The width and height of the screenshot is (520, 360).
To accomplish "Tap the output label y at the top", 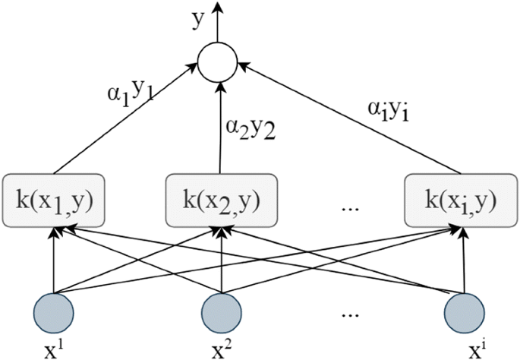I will coord(199,21).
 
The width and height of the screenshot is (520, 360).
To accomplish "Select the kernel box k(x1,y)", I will coord(52,200).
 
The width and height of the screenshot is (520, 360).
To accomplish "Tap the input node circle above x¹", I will coord(53,314).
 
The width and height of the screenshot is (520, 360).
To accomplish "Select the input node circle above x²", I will coord(221,314).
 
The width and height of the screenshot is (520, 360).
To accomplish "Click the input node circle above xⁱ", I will coord(464,314).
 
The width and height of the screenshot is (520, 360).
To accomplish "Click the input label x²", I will coord(221,349).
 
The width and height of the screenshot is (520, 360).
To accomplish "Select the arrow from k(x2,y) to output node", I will coord(219,129).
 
